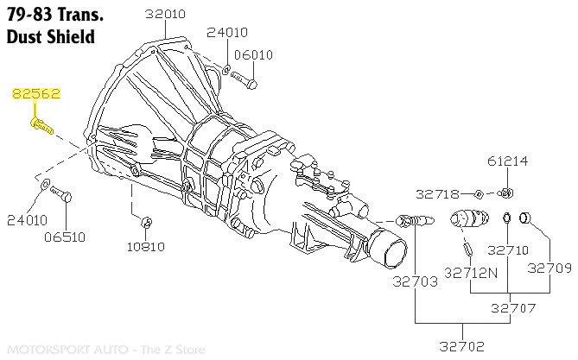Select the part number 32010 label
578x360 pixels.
(x=165, y=15)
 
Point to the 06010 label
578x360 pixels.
(x=253, y=54)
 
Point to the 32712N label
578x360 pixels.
(x=471, y=272)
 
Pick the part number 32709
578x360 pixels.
(x=549, y=268)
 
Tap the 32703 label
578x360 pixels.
(x=415, y=281)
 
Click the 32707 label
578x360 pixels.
(x=512, y=307)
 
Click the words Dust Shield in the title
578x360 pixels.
(x=49, y=37)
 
